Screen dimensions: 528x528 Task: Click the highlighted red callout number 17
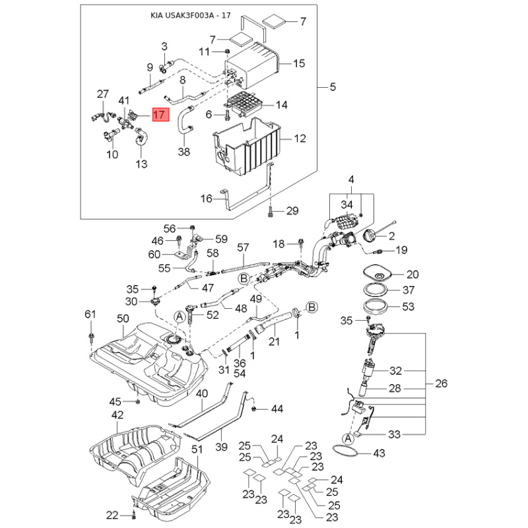(x=161, y=115)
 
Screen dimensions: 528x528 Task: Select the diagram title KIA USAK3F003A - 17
(x=191, y=15)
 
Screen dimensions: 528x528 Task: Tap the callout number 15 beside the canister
(x=299, y=63)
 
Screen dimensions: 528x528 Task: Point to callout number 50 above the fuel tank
(x=123, y=318)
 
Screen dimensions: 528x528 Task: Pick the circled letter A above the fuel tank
(x=180, y=317)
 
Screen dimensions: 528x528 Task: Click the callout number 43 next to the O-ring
(x=379, y=453)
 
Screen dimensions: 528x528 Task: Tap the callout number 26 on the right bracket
(x=441, y=383)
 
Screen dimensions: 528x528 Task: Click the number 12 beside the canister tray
(x=300, y=139)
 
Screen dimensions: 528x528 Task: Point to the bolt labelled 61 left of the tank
(x=91, y=337)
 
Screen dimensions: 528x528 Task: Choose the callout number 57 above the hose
(x=243, y=247)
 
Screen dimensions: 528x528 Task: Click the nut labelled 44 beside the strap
(x=254, y=409)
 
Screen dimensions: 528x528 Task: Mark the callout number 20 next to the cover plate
(x=412, y=275)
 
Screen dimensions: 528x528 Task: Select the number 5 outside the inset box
(x=333, y=87)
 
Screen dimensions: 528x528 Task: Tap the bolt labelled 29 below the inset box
(x=270, y=212)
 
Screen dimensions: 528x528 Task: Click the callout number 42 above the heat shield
(x=117, y=415)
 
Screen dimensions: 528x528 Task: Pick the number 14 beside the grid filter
(x=282, y=105)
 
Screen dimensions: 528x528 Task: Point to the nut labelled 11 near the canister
(x=227, y=51)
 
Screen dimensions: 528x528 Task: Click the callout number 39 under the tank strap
(x=221, y=447)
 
